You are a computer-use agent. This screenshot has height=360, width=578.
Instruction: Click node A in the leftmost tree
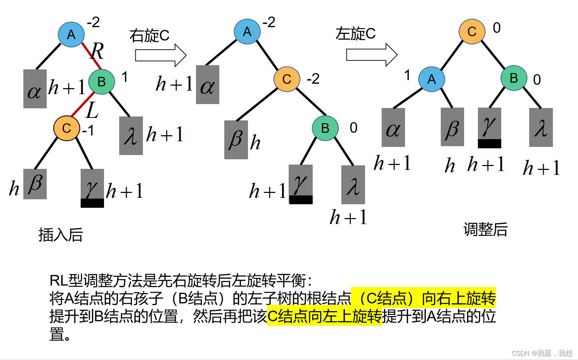[x=71, y=34]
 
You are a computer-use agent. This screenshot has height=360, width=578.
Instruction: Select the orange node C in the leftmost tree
[x=67, y=128]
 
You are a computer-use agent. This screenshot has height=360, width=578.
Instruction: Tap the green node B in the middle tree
[x=325, y=128]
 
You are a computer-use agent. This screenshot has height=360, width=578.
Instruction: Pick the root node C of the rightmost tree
[x=472, y=32]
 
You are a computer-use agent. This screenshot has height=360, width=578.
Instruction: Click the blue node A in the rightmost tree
[x=432, y=79]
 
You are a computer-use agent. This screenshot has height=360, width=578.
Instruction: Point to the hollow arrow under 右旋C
[x=161, y=55]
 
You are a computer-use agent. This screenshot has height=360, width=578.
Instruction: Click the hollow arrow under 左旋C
[x=371, y=55]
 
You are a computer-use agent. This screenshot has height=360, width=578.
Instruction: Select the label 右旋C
[x=149, y=36]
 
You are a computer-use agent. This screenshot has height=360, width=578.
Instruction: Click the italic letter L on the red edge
[x=92, y=110]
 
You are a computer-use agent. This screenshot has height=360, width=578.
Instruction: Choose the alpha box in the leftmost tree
[x=35, y=89]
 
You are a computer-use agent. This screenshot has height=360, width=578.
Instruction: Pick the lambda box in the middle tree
[x=353, y=185]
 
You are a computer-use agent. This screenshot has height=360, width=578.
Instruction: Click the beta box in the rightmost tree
[x=452, y=127]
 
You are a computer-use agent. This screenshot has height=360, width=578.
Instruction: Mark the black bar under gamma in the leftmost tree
[x=92, y=203]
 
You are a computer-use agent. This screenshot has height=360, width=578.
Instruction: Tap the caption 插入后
[x=60, y=235]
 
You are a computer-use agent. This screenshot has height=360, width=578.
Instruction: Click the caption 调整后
[x=485, y=229]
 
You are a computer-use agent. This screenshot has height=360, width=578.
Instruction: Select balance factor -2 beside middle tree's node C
[x=313, y=79]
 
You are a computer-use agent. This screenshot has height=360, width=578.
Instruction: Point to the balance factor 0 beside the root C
[x=497, y=28]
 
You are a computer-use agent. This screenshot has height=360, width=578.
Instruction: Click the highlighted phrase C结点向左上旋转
[x=324, y=316]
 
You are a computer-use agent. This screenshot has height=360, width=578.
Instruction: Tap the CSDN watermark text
[x=542, y=353]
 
